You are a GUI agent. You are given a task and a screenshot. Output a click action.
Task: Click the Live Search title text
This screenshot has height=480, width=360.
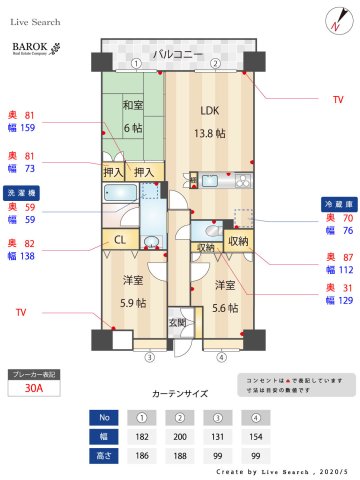(x=36, y=21)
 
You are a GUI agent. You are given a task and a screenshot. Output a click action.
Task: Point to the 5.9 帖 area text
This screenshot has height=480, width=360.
(x=131, y=303)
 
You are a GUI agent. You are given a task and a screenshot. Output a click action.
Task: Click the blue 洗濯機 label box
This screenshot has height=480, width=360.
(x=24, y=192)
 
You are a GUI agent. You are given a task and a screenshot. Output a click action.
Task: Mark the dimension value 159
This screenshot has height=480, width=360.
(x=29, y=128)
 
